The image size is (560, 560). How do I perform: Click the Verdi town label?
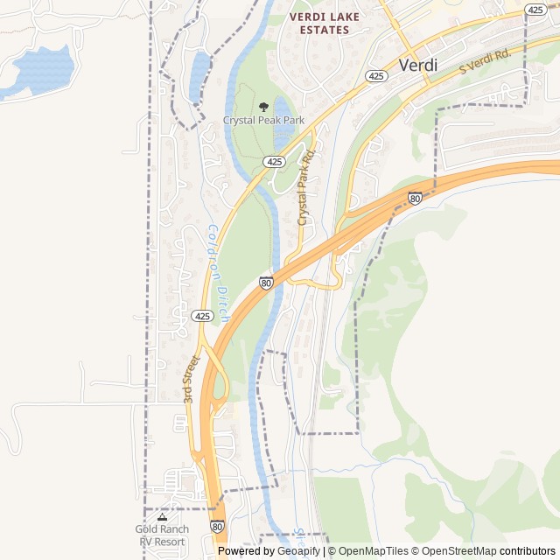417,65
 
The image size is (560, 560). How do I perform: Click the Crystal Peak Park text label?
263,120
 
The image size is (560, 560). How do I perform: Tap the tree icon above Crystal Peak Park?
263,107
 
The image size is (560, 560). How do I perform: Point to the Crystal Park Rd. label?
305,186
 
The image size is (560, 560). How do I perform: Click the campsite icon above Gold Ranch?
161,517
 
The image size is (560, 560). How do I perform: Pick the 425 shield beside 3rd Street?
202,315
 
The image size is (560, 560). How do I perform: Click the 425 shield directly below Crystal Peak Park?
274,162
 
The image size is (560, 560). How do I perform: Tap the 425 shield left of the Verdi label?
376,76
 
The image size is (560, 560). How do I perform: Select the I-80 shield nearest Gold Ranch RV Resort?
217,526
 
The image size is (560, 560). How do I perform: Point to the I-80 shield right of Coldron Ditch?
266,282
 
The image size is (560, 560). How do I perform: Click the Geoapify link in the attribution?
299,551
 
